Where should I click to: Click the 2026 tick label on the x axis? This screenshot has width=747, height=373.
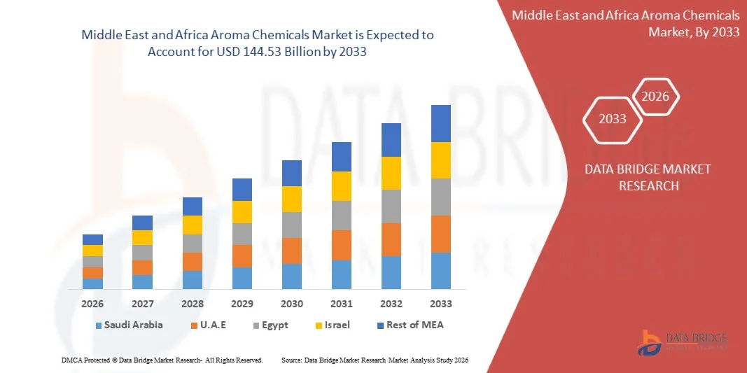[x=92, y=304]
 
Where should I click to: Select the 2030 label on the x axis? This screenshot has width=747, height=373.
[x=292, y=304]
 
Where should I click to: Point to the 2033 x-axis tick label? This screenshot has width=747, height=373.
[x=441, y=304]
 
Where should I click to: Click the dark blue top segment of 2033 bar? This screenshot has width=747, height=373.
[x=441, y=123]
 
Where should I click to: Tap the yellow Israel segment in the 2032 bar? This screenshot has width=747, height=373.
[x=391, y=173]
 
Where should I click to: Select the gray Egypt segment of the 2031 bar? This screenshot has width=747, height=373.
[x=342, y=216]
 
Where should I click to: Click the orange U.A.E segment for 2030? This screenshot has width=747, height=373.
[x=292, y=251]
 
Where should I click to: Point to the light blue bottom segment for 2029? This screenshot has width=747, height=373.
[x=242, y=278]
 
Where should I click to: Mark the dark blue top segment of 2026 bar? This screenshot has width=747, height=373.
[x=92, y=239]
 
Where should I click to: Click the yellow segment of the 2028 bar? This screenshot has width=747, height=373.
[x=193, y=225]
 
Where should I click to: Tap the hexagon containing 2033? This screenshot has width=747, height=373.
[x=613, y=119]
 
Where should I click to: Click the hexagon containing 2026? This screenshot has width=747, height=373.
[x=656, y=97]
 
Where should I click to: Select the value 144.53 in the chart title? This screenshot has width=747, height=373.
[x=279, y=52]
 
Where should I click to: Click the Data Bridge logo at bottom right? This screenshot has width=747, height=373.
[x=683, y=341]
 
